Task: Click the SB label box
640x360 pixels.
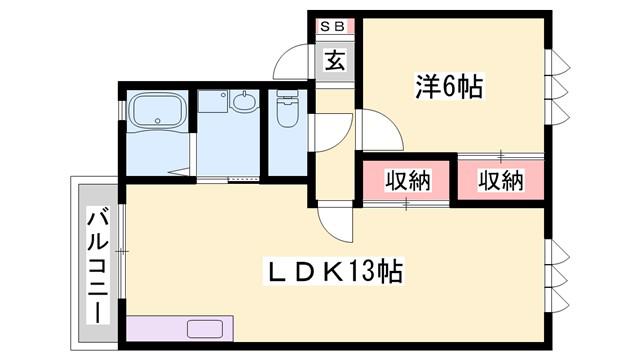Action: pos(333,27)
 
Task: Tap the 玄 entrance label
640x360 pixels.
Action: pos(335,60)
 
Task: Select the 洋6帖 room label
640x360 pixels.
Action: pos(449,86)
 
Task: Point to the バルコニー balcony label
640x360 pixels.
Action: pos(98,266)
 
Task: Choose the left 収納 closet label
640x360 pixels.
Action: pos(408,181)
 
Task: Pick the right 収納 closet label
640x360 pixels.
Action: pos(501,181)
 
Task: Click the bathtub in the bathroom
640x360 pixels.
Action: pos(157,111)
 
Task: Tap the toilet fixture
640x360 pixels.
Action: pos(287,109)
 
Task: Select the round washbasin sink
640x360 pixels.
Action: pos(244,100)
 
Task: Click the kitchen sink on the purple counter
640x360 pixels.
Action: pos(205,329)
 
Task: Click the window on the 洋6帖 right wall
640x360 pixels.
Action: pos(557,87)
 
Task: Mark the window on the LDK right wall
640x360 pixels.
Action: pos(557,276)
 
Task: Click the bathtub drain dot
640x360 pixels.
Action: pos(158,121)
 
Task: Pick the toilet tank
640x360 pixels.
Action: pos(287,93)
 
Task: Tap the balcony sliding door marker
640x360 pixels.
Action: pos(122,251)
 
